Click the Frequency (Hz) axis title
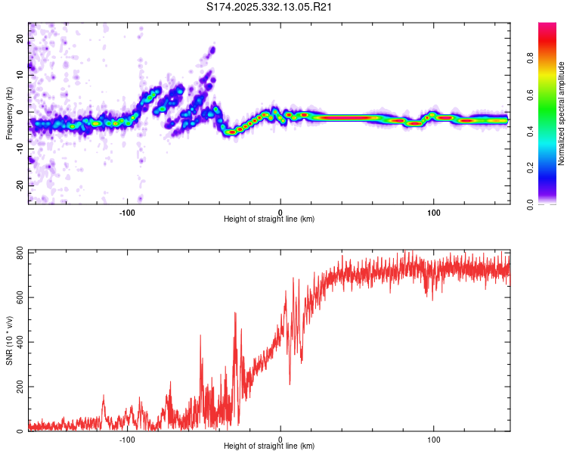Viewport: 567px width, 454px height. (x=9, y=113)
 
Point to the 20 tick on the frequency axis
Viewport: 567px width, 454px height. (x=21, y=38)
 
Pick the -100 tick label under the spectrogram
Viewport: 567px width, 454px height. (x=127, y=211)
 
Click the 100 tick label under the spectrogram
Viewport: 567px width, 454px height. (x=433, y=211)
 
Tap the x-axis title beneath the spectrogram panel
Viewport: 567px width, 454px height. (x=269, y=219)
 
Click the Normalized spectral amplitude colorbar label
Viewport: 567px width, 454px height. (x=561, y=113)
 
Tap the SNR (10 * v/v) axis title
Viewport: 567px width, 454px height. (x=9, y=340)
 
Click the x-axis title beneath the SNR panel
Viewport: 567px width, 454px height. (x=269, y=446)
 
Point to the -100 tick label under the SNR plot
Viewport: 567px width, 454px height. (x=127, y=439)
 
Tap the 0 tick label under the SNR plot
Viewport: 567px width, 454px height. (x=280, y=439)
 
